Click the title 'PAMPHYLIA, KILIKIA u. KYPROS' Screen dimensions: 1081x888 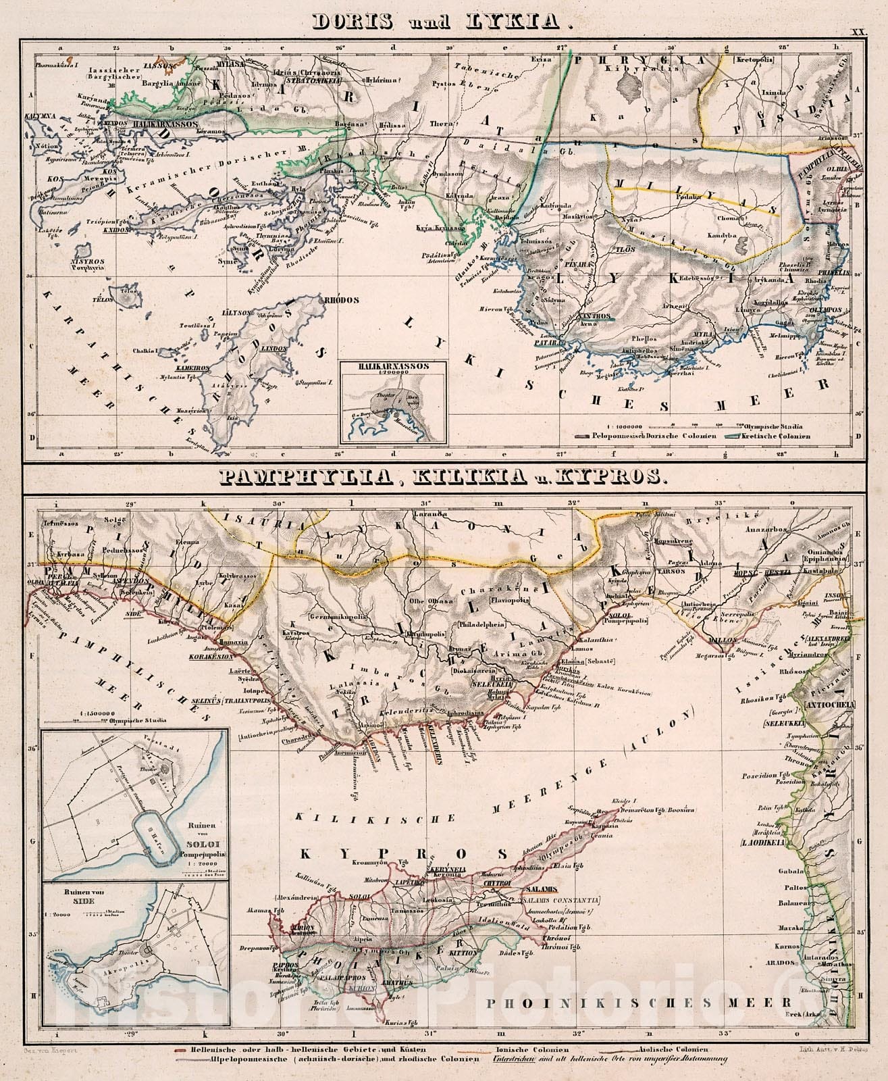(443, 478)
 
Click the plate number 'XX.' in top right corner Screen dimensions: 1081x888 (857, 32)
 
